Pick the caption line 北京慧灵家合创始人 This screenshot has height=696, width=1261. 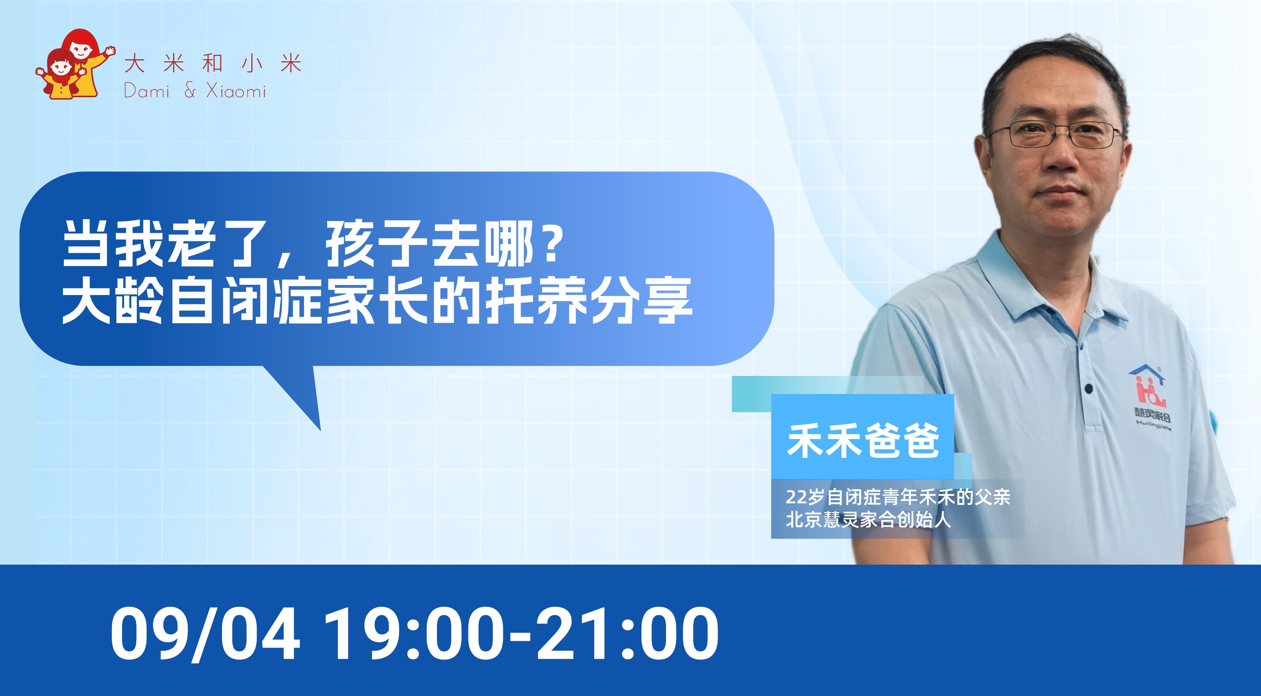[868, 520]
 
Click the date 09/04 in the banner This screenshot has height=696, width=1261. [205, 634]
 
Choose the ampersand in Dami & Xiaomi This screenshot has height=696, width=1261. [190, 91]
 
